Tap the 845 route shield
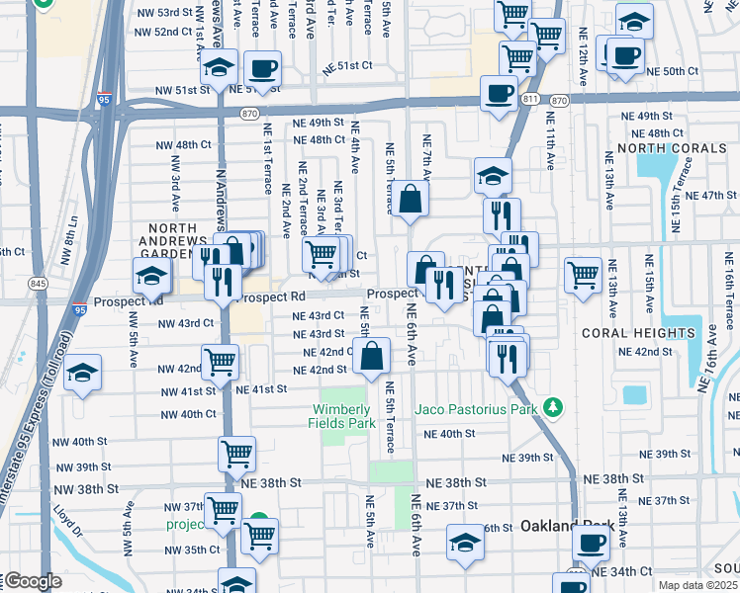[38, 284]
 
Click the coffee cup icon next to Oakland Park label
[592, 542]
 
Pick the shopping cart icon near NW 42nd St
[220, 361]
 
